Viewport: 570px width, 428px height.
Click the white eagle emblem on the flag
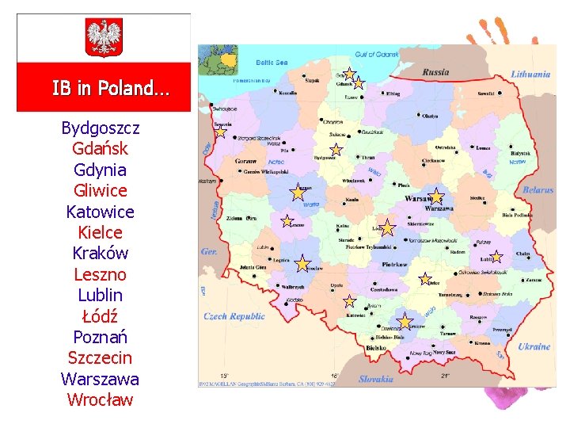click(104, 37)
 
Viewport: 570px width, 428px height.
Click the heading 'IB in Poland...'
click(110, 88)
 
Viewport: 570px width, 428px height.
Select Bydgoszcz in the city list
click(101, 128)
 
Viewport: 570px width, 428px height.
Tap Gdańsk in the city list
click(101, 148)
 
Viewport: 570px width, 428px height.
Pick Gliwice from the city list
click(101, 190)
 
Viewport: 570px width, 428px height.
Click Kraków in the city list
click(101, 254)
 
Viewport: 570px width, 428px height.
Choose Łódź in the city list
click(101, 316)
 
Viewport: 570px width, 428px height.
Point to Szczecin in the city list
click(101, 358)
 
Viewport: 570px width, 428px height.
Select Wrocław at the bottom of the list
click(101, 400)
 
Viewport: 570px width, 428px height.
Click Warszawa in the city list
click(101, 379)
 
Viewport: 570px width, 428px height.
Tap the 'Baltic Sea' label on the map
click(272, 62)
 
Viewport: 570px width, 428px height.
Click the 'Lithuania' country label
click(530, 74)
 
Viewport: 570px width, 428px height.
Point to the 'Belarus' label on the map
click(538, 190)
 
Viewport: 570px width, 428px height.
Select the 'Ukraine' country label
click(534, 346)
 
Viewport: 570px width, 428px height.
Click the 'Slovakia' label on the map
click(376, 379)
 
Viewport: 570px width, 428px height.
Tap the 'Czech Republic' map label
click(234, 316)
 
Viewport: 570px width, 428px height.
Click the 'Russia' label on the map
click(435, 72)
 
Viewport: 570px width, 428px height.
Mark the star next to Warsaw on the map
click(436, 197)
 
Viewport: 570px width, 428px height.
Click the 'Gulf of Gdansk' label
click(376, 55)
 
